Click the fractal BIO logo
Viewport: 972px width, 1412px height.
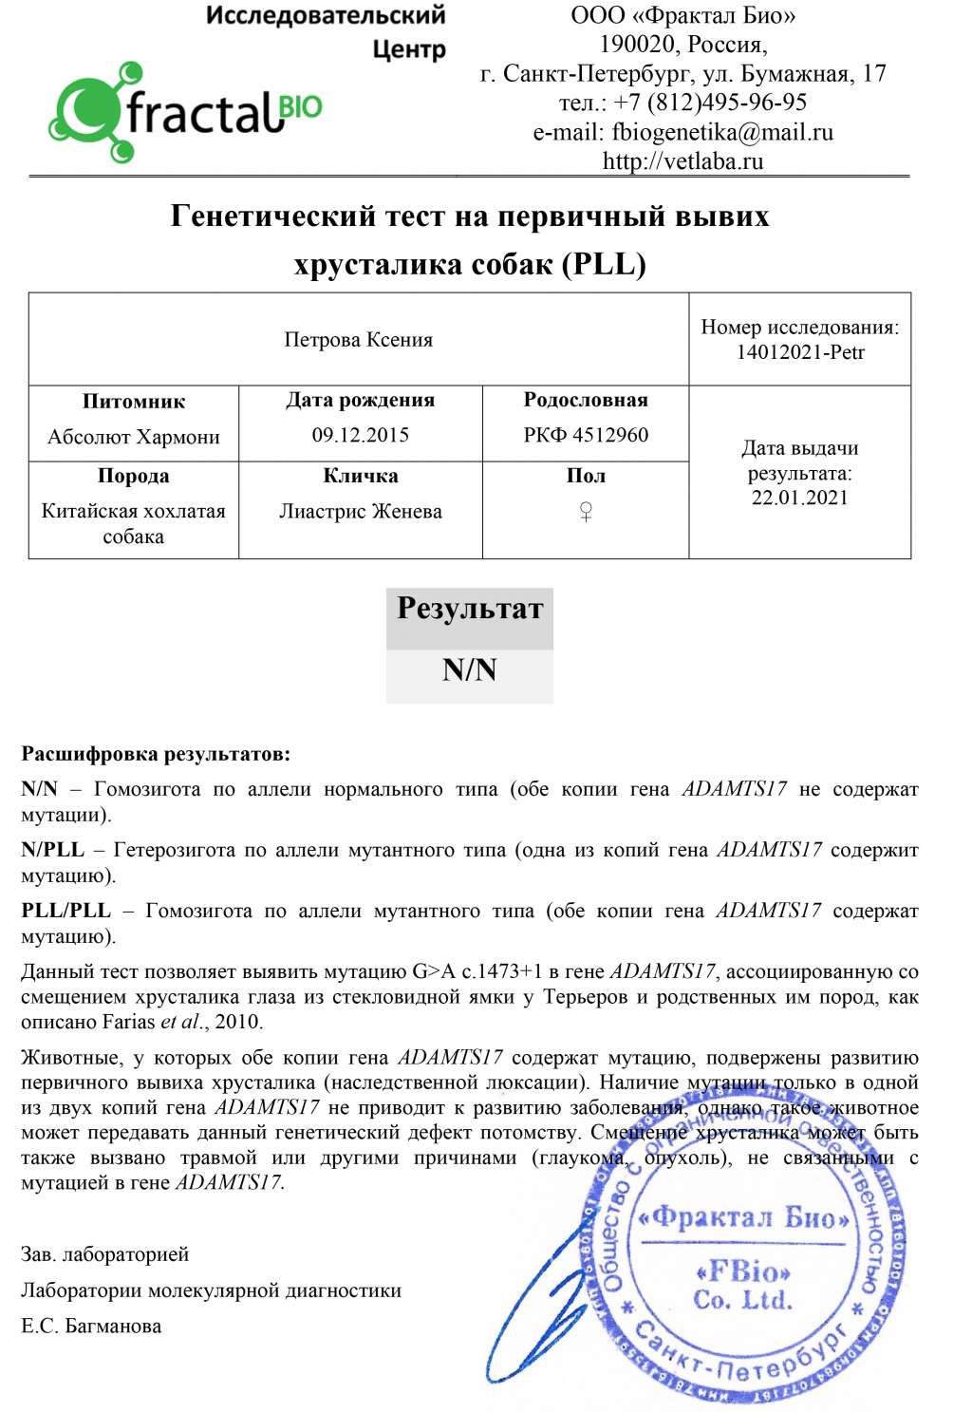click(185, 112)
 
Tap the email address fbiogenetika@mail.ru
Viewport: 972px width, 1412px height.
click(722, 132)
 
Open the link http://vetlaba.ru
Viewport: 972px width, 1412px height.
click(682, 160)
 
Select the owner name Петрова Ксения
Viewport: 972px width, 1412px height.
click(358, 340)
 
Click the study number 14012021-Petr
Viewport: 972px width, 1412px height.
click(800, 352)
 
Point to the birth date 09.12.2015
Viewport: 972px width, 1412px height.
click(360, 436)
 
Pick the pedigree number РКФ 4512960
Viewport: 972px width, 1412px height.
click(586, 435)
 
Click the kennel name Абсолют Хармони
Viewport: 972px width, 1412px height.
click(133, 437)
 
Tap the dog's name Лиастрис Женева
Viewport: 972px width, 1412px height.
click(360, 512)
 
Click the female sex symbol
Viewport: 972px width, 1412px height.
click(586, 512)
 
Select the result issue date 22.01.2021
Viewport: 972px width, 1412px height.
click(799, 498)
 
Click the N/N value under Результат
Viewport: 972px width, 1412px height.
click(469, 670)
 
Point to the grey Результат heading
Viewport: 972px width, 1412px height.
click(469, 609)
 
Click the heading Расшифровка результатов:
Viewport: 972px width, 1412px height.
click(156, 755)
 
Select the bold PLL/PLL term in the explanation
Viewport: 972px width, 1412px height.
click(65, 911)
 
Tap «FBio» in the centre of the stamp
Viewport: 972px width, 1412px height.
click(742, 1271)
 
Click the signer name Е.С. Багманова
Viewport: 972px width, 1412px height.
click(91, 1327)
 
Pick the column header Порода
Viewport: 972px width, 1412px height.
click(133, 476)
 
